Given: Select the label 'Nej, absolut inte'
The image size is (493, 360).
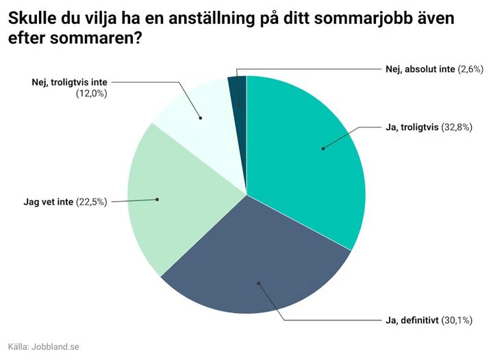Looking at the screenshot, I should point(416,69).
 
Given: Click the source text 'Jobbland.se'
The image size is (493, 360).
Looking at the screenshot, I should point(56,346).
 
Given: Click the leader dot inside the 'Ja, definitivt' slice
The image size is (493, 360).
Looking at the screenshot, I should point(258,283).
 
